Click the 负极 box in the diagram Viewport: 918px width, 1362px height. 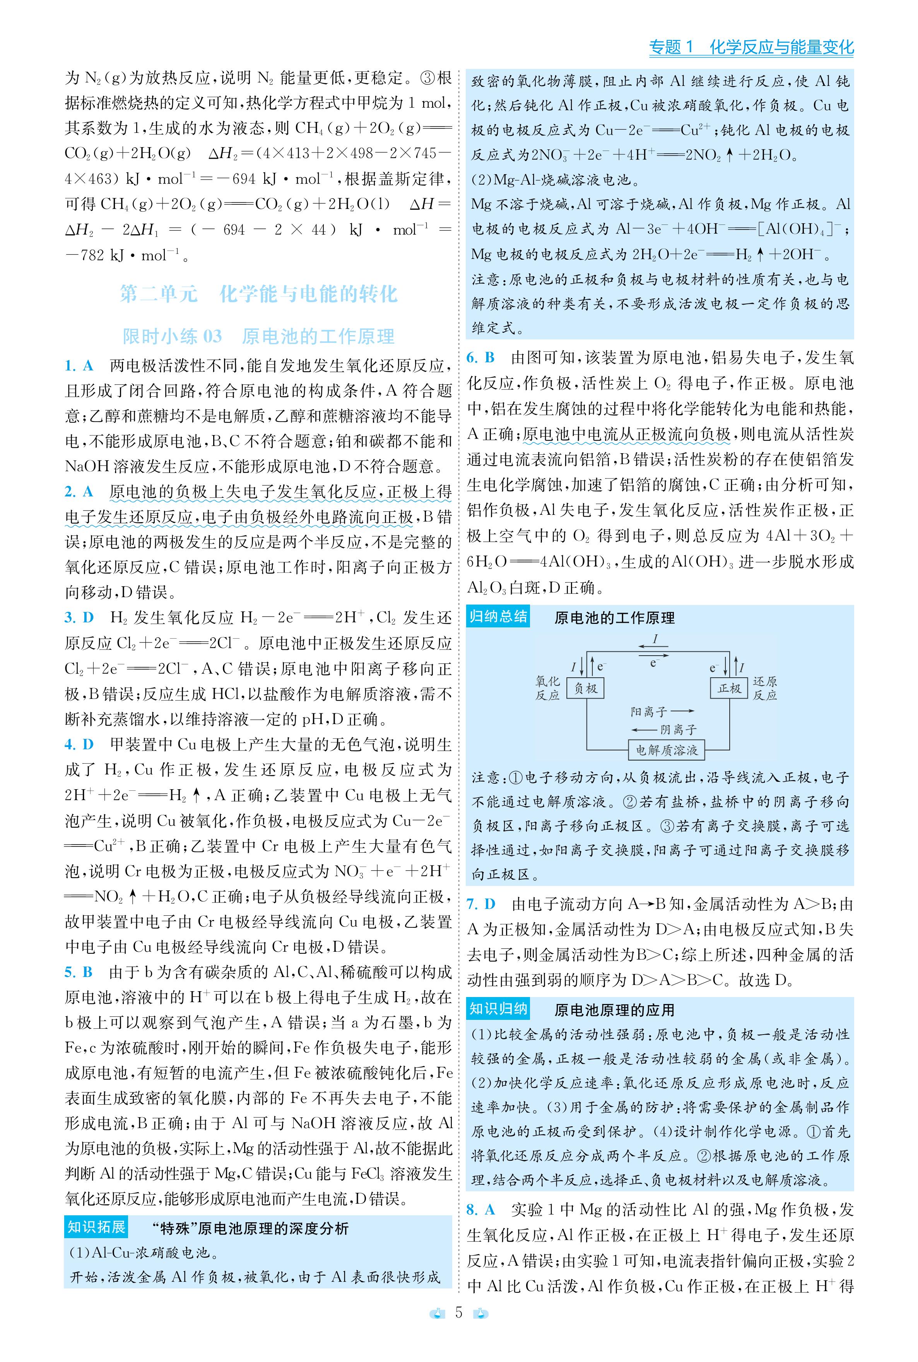[585, 688]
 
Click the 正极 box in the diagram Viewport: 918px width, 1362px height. [729, 688]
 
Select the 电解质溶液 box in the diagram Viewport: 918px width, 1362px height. [666, 750]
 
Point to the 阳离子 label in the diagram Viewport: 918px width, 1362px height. [649, 712]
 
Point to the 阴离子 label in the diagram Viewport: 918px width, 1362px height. [679, 730]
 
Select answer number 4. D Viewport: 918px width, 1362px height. [79, 745]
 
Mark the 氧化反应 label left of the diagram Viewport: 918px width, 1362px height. [547, 688]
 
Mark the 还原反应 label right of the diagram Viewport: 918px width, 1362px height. [764, 688]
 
